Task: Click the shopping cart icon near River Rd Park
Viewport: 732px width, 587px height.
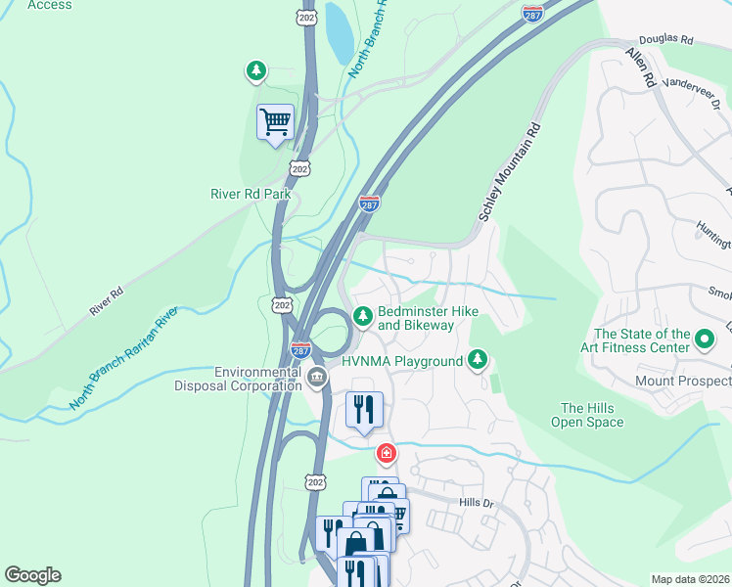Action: (275, 123)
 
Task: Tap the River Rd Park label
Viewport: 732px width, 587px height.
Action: (252, 194)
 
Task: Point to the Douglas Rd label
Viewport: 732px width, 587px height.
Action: (667, 41)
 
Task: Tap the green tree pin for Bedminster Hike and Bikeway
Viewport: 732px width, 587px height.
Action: (362, 315)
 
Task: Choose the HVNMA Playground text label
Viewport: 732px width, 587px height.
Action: (401, 361)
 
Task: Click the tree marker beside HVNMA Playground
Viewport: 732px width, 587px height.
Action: (478, 360)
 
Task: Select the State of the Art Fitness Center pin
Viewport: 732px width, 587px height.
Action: (706, 339)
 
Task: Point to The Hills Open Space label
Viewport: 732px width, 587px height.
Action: (591, 415)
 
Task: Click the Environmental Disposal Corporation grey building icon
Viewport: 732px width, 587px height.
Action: (317, 377)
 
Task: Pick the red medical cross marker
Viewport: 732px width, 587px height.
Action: (387, 453)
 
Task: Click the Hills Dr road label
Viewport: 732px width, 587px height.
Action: (479, 502)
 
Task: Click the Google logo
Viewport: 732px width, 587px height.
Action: (32, 575)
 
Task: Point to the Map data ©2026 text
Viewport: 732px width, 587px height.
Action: (689, 579)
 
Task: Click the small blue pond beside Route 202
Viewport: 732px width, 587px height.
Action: (338, 31)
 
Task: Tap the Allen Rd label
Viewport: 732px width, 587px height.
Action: (640, 69)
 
